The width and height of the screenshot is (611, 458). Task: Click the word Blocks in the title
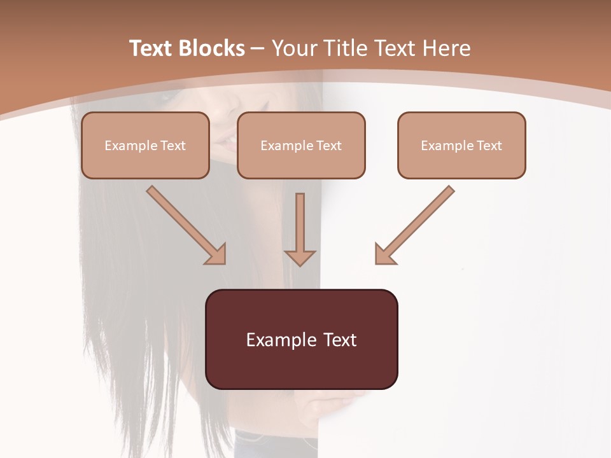tap(211, 48)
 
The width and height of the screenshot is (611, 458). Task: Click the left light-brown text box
tap(145, 159)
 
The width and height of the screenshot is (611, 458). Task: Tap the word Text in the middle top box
tap(328, 146)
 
